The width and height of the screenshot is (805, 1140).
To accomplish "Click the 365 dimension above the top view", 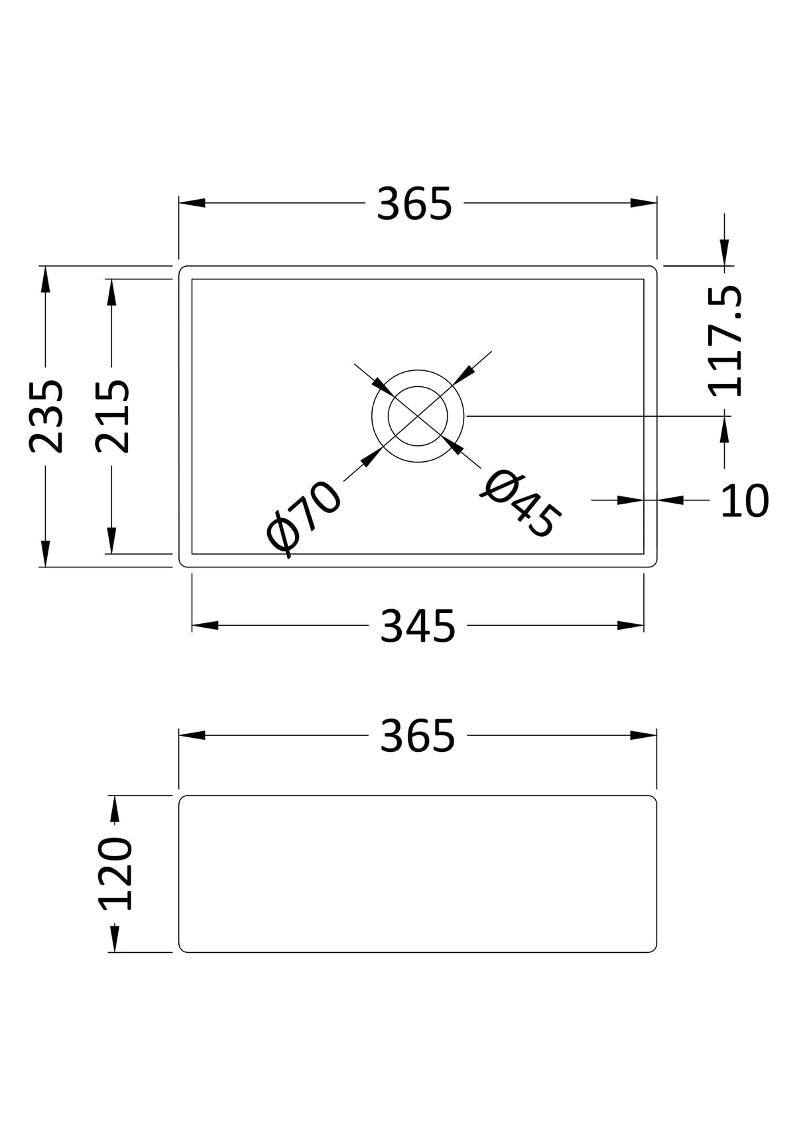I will pyautogui.click(x=414, y=204).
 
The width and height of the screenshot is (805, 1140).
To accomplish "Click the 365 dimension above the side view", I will pyautogui.click(x=417, y=736).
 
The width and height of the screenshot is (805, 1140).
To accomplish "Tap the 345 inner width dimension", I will pyautogui.click(x=417, y=626).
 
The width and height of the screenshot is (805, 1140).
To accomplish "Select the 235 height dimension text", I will pyautogui.click(x=46, y=416).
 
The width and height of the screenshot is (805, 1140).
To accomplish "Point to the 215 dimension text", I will pyautogui.click(x=111, y=416).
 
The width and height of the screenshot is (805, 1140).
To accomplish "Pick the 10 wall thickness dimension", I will pyautogui.click(x=744, y=501).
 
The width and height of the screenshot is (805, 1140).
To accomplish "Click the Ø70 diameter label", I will pyautogui.click(x=304, y=518).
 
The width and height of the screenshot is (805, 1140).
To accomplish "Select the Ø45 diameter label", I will pyautogui.click(x=521, y=504).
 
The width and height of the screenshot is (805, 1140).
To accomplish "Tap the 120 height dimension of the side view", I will pyautogui.click(x=115, y=873).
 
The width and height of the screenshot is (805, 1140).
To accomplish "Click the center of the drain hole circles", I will pyautogui.click(x=418, y=416).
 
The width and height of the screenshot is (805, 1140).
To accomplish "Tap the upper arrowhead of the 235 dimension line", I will pyautogui.click(x=45, y=280).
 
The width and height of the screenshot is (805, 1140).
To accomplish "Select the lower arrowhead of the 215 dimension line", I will pyautogui.click(x=111, y=539).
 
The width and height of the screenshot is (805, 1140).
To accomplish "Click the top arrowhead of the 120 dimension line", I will pyautogui.click(x=115, y=809).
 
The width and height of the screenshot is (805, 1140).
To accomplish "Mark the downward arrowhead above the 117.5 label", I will pyautogui.click(x=725, y=252).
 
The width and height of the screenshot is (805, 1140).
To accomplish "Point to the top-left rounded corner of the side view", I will pyautogui.click(x=182, y=798).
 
